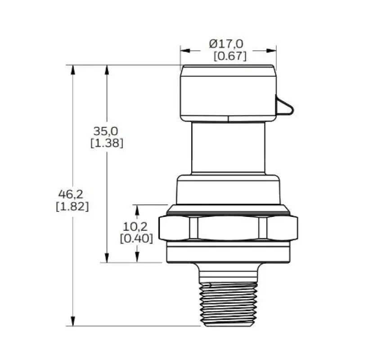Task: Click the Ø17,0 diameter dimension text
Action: pos(226,44)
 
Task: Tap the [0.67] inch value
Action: pos(230,56)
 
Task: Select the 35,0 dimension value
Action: pos(106,131)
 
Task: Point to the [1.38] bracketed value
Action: pos(107,144)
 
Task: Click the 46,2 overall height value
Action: pos(71,194)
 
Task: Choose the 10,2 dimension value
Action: pos(135,226)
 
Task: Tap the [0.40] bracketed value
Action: pos(136,238)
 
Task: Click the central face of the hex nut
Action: pos(228,228)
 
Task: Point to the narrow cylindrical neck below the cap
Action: pos(228,148)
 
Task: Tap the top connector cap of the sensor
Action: pos(228,93)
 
